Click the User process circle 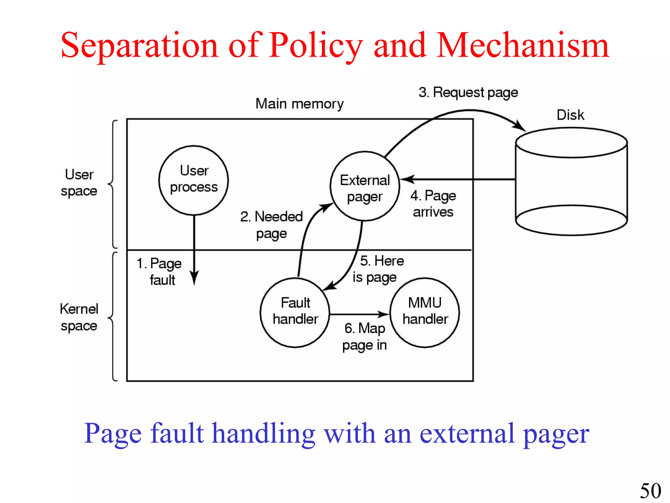pyautogui.click(x=193, y=180)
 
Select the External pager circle pyautogui.click(x=364, y=186)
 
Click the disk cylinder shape pyautogui.click(x=571, y=182)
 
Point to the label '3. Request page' pyautogui.click(x=468, y=93)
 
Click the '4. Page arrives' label pyautogui.click(x=433, y=204)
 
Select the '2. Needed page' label pyautogui.click(x=271, y=225)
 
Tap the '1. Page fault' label pyautogui.click(x=160, y=271)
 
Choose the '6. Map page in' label pyautogui.click(x=364, y=337)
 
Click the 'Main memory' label pyautogui.click(x=299, y=104)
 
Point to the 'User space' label pyautogui.click(x=79, y=183)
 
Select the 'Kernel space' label pyautogui.click(x=79, y=317)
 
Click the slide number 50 pyautogui.click(x=650, y=491)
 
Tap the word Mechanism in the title pyautogui.click(x=522, y=46)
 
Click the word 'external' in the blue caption pyautogui.click(x=467, y=434)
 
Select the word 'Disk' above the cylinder pyautogui.click(x=570, y=115)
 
